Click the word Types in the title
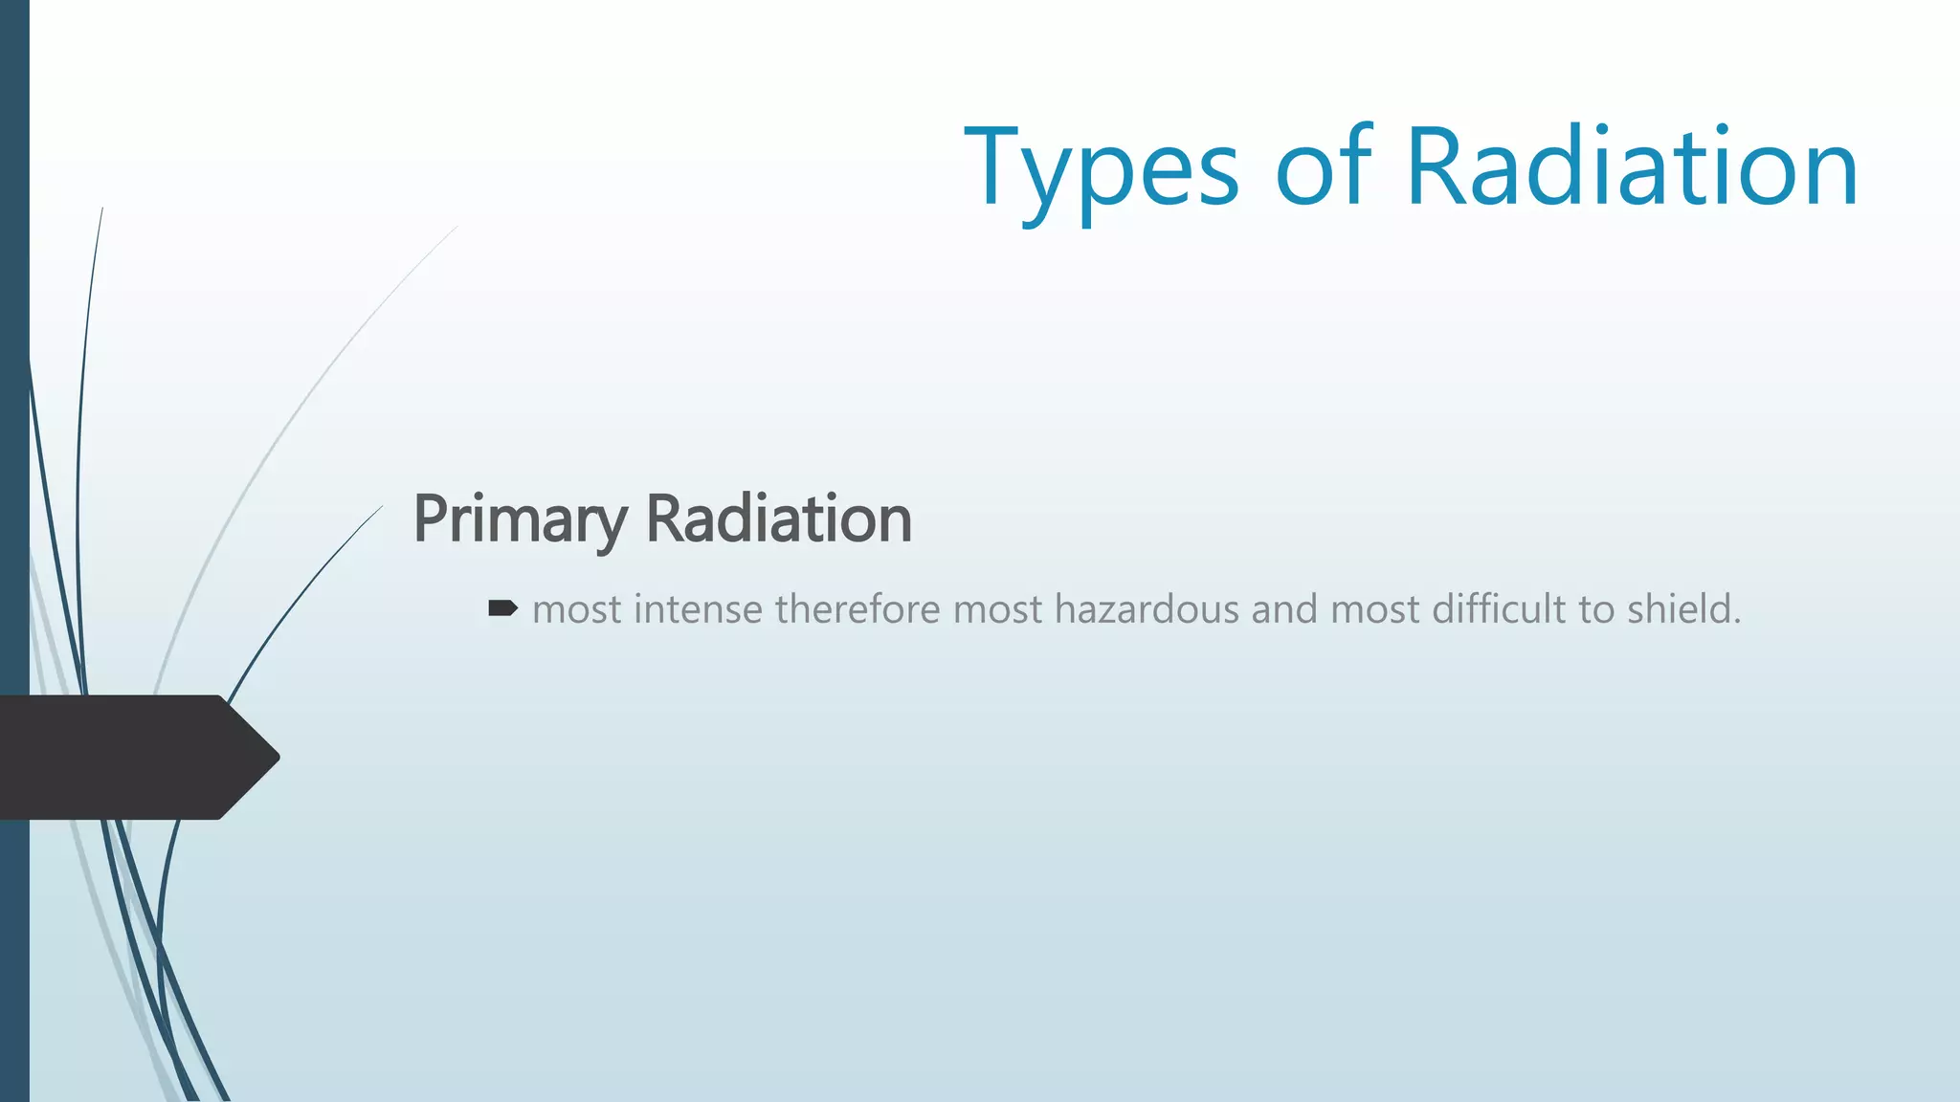1101,170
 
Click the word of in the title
1323,170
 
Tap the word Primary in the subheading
520,519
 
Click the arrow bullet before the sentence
502,608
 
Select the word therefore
857,609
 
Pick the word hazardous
1147,609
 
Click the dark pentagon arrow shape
124,758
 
